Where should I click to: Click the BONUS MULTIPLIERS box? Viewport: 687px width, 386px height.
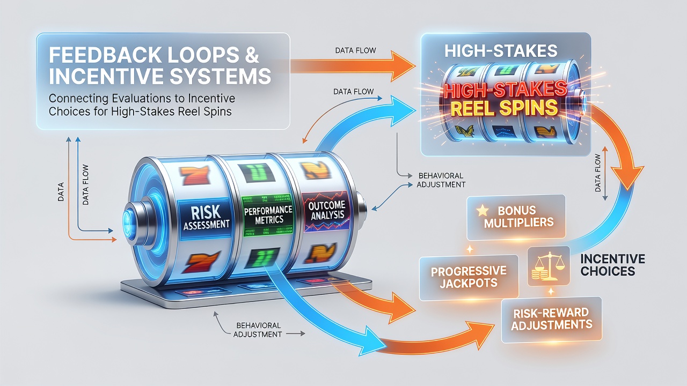516,217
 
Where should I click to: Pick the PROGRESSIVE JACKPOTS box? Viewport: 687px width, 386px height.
469,277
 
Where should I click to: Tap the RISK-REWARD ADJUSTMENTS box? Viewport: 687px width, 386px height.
551,320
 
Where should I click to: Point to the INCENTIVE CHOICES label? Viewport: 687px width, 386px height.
612,265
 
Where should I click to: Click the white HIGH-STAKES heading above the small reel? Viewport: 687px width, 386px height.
501,51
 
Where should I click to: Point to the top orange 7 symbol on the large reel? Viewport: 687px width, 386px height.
194,175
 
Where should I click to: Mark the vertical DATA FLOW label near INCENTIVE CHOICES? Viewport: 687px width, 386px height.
598,173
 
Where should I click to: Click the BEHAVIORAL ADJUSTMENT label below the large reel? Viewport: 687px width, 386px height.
257,330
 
